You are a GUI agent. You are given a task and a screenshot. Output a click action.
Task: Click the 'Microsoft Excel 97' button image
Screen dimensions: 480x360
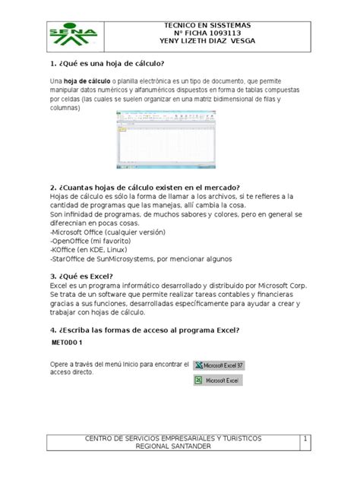point(224,365)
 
